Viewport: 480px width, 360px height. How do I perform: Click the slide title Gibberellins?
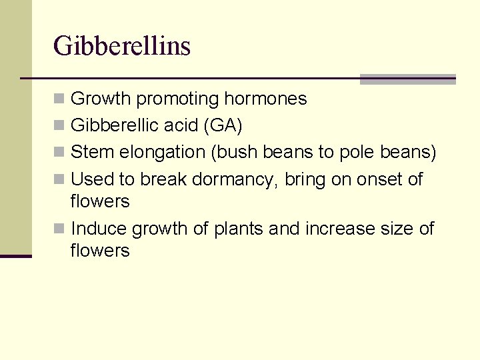coord(122,46)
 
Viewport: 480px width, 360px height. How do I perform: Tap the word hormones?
coord(265,99)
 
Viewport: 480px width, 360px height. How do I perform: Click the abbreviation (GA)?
coord(220,126)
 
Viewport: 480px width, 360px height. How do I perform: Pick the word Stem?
coord(93,153)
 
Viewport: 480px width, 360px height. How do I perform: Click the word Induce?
coord(99,229)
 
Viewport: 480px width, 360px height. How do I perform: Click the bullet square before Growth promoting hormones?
coord(59,99)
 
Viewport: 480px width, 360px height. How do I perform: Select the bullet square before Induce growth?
coord(59,229)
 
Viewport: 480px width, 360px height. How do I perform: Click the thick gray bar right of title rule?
coord(407,79)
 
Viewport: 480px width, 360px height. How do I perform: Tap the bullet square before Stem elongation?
coord(59,153)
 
